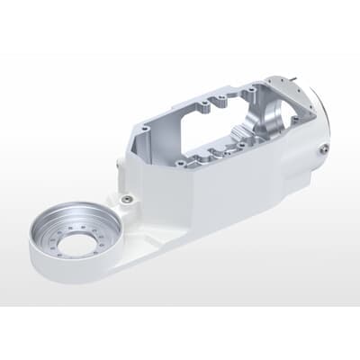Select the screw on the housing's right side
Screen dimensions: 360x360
pos(322,152)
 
